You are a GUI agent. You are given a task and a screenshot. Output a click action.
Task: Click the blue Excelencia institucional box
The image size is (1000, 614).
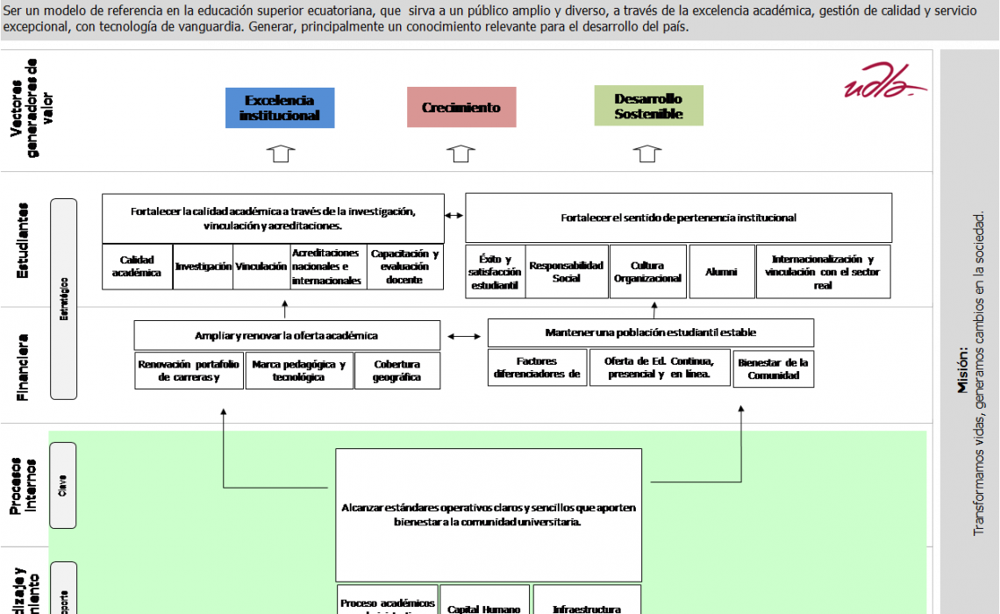(x=280, y=108)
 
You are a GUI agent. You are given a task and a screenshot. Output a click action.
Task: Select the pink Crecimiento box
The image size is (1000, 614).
(x=461, y=107)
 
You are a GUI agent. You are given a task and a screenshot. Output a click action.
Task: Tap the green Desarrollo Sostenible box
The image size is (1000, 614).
(x=648, y=106)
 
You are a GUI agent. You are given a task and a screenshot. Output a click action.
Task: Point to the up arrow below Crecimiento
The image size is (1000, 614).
(x=461, y=154)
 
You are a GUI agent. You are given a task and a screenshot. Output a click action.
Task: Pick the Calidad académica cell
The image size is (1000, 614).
(x=137, y=267)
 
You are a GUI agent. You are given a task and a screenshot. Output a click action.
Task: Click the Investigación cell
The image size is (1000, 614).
(x=204, y=267)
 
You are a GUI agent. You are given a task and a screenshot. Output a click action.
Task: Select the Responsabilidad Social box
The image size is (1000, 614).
(x=566, y=272)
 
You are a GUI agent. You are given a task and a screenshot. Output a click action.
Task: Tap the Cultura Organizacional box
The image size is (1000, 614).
(x=647, y=272)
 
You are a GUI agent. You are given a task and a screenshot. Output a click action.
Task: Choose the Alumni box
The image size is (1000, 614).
(x=721, y=272)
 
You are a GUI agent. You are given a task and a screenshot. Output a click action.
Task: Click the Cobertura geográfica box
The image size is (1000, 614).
(x=397, y=371)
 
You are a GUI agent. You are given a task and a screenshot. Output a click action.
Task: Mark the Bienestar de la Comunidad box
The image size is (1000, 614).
(x=773, y=368)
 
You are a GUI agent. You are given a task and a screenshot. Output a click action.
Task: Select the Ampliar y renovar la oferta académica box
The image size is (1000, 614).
(x=287, y=335)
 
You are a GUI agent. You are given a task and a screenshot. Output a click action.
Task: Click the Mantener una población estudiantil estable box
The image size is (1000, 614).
(x=650, y=332)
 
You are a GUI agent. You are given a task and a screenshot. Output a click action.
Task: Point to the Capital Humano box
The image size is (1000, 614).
(x=484, y=608)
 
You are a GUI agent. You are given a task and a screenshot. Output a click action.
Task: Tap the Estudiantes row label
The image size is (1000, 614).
(x=24, y=241)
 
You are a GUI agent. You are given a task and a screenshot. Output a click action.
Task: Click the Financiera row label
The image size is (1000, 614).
(x=24, y=367)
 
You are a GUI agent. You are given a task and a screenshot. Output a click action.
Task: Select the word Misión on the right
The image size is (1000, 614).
(x=963, y=370)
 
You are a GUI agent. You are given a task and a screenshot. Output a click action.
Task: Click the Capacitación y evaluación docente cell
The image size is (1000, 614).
(x=404, y=267)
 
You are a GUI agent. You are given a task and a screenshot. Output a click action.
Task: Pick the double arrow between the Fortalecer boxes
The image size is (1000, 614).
(x=454, y=216)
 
